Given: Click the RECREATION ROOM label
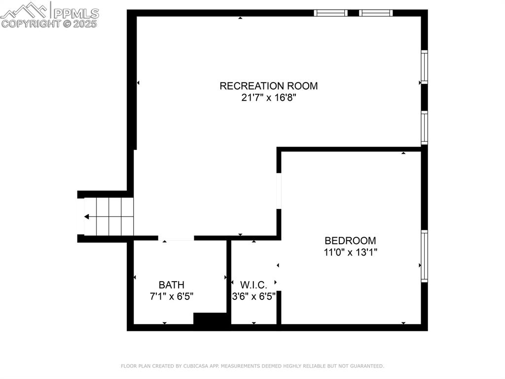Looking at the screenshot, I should [x=268, y=85].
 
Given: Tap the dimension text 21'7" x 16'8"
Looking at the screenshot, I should [x=268, y=98].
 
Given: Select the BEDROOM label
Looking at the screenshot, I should [x=350, y=241].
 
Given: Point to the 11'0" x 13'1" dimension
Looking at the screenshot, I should [x=350, y=253].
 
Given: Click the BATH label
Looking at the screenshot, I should [x=172, y=285].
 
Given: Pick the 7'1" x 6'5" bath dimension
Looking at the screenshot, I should [x=172, y=296].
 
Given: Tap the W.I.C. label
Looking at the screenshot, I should [x=253, y=285].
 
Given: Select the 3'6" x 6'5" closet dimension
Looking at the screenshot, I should [x=253, y=297].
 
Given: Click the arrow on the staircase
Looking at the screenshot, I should [x=87, y=216].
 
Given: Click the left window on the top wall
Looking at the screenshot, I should [x=330, y=13].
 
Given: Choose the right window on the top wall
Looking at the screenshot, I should [x=376, y=13].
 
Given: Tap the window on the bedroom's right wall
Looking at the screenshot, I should [x=424, y=256].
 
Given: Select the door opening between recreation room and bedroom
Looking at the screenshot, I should [x=279, y=190].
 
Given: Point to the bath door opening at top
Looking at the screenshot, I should [x=176, y=238].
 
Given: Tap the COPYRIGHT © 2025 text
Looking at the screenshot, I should [x=49, y=23].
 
